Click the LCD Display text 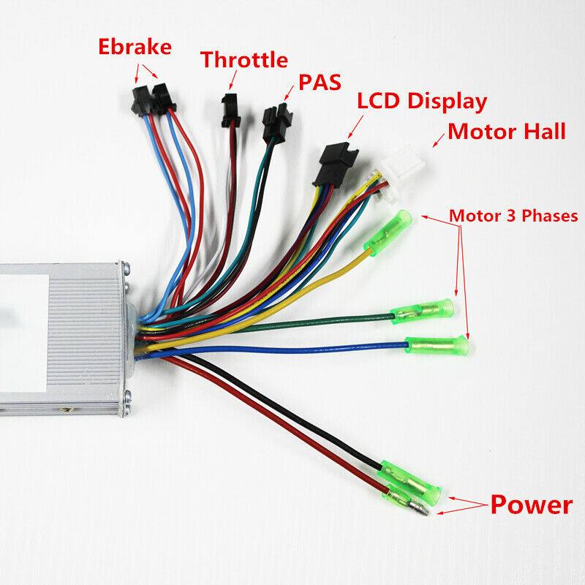coord(421,101)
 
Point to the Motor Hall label coord(507,132)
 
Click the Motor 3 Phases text coord(513,216)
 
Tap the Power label coord(532,505)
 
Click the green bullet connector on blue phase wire coord(437,343)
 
